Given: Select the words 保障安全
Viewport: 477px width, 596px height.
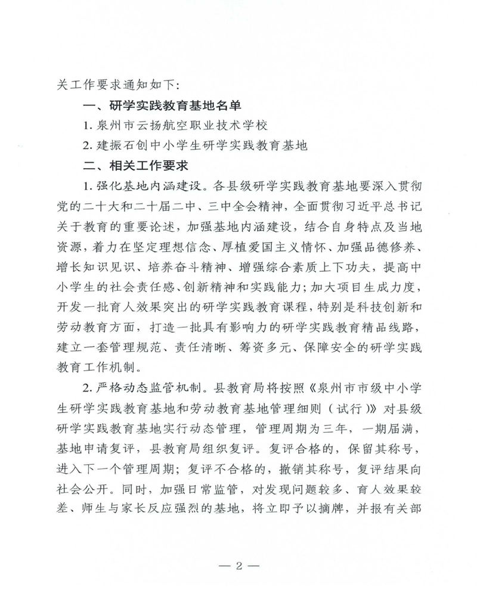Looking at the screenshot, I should [330, 347].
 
